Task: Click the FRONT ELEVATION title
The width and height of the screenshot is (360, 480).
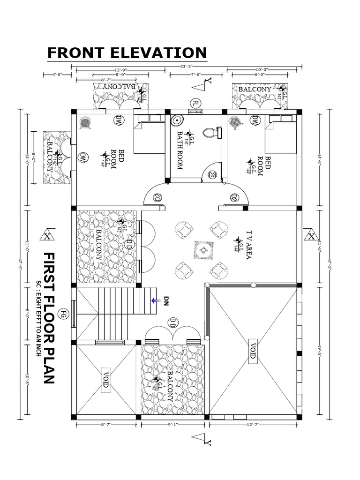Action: (127, 53)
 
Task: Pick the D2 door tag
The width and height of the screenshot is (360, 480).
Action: (234, 197)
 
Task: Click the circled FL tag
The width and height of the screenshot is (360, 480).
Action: (195, 103)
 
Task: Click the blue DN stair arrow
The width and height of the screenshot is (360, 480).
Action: (155, 300)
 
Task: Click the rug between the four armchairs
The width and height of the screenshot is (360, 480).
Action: (203, 250)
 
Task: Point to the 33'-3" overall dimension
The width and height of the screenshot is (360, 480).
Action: (186, 67)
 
